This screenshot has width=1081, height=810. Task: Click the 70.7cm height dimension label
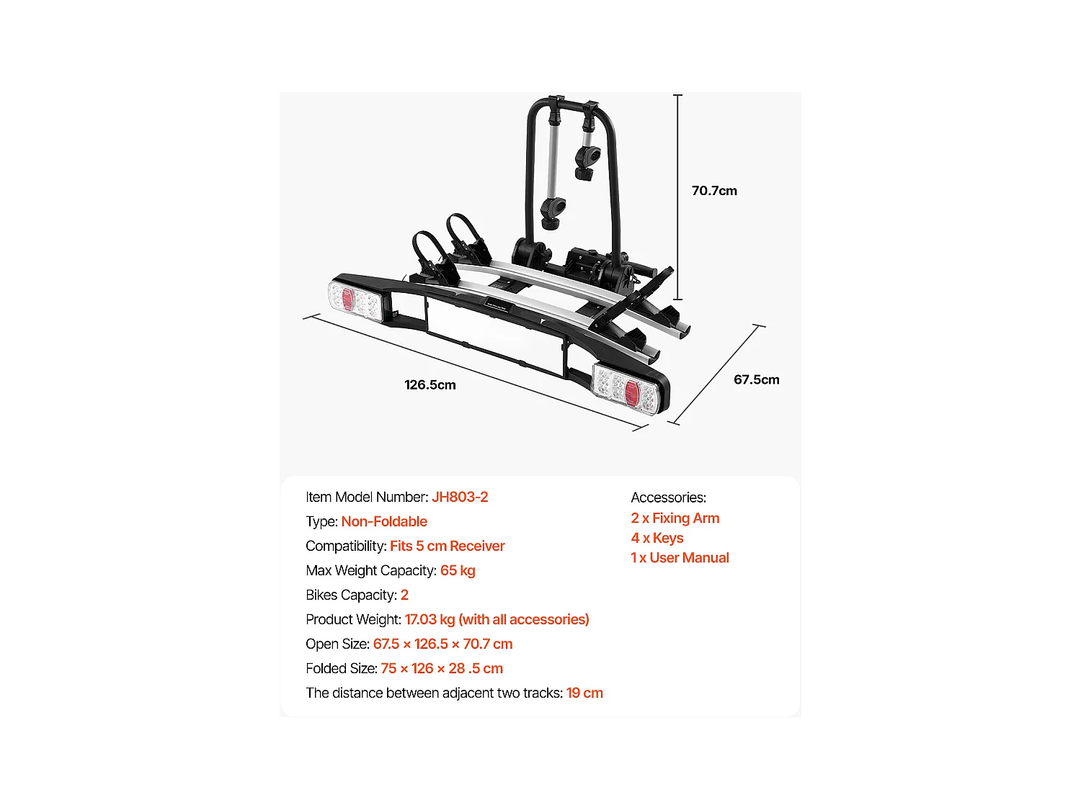[714, 191]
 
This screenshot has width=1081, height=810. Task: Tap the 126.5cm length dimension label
[430, 385]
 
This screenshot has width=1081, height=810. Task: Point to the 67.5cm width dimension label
[757, 379]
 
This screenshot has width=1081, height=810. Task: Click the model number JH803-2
[460, 498]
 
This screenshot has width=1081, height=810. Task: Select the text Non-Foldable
[384, 522]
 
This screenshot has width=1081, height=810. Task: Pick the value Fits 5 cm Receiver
[448, 546]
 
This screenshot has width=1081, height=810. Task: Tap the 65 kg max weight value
[458, 571]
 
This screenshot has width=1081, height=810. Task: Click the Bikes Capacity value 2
[405, 595]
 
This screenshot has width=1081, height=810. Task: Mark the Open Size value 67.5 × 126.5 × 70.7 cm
[443, 644]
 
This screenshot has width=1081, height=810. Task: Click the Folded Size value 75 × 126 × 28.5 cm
[442, 669]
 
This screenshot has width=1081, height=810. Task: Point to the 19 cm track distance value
[584, 693]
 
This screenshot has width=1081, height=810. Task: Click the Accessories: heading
[668, 498]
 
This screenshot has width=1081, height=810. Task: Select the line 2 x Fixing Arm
[675, 518]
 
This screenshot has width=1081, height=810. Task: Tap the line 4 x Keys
[657, 539]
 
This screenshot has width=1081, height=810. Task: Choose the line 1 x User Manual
[680, 558]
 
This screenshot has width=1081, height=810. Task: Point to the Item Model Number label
[367, 498]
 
